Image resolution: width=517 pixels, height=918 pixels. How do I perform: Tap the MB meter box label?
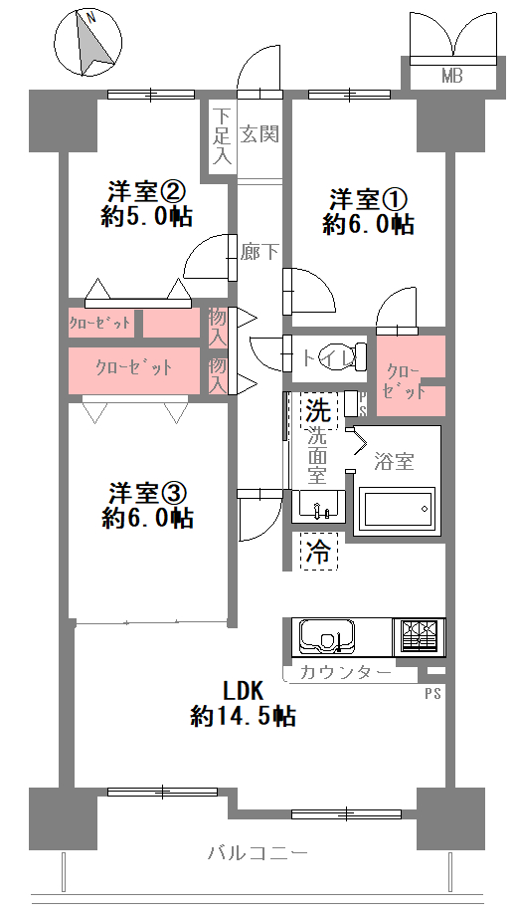pyautogui.click(x=452, y=76)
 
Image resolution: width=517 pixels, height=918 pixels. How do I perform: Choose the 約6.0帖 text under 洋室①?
pyautogui.click(x=369, y=224)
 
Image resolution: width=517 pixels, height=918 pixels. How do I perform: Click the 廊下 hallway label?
pyautogui.click(x=259, y=252)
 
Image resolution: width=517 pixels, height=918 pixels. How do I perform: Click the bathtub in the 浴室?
pyautogui.click(x=397, y=508)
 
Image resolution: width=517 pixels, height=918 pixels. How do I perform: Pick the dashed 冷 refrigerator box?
pyautogui.click(x=319, y=551)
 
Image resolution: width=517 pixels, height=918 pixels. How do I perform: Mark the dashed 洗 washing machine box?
pyautogui.click(x=319, y=411)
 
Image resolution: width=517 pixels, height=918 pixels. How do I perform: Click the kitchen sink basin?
pyautogui.click(x=327, y=636)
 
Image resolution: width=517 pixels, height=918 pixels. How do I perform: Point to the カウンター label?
pyautogui.click(x=345, y=673)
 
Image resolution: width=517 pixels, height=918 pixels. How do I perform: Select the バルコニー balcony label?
pyautogui.click(x=258, y=852)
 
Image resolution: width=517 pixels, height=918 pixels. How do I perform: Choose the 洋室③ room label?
pyautogui.click(x=148, y=494)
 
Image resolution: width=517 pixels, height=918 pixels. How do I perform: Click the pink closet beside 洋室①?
pyautogui.click(x=411, y=375)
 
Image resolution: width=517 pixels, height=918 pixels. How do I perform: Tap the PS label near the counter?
pyautogui.click(x=432, y=694)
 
